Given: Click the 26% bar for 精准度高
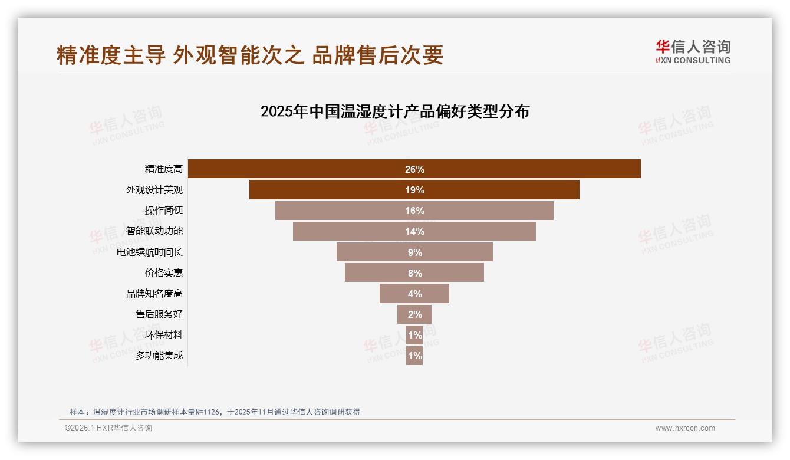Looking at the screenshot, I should tap(414, 169).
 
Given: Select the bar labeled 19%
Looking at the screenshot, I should tap(414, 190).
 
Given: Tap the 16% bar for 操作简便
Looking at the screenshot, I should tap(414, 211).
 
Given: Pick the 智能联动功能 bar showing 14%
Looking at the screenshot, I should tap(414, 231).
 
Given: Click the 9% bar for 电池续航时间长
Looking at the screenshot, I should tap(414, 252).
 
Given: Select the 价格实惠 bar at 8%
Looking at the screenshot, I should tap(414, 273).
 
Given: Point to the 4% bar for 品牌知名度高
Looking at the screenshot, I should tap(414, 294).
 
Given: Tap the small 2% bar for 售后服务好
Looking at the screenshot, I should tap(414, 314).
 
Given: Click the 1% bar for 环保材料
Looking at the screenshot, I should tap(414, 335).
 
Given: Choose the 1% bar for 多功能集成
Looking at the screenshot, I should tap(414, 356).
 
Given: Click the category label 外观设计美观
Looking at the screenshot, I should tap(154, 190).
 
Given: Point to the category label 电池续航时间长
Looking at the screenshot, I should tap(150, 252).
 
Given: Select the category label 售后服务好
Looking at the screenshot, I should tap(159, 314).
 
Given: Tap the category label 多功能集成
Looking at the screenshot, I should tap(159, 356).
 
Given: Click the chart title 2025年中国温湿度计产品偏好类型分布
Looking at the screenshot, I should tap(395, 111).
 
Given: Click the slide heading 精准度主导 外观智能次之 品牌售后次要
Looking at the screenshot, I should tap(250, 55).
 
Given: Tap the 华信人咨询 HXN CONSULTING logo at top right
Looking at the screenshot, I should tap(693, 52).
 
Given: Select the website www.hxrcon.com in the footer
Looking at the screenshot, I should tap(685, 428).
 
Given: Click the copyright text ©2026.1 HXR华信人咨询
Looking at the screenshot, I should tap(108, 428).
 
